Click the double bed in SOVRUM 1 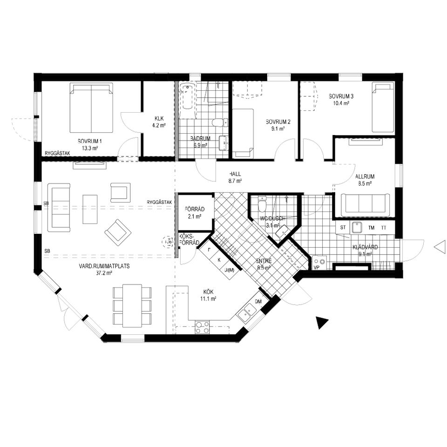(x=91, y=108)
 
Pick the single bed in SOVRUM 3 (x=383, y=107)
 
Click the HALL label (x=235, y=174)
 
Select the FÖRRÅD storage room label (x=195, y=209)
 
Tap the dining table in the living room (x=132, y=305)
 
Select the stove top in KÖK (x=202, y=327)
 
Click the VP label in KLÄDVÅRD (x=317, y=268)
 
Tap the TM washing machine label (x=371, y=228)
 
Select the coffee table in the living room (x=90, y=209)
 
